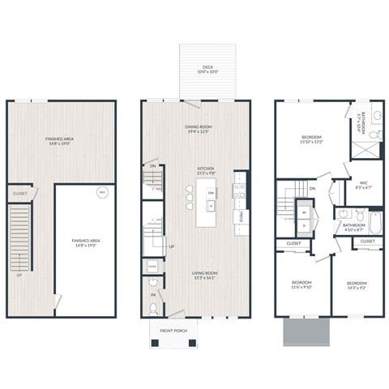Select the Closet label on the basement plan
click(x=19, y=194)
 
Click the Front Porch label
click(x=172, y=331)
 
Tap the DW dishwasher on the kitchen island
click(x=211, y=192)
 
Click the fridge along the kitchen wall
click(x=241, y=217)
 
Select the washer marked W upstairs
click(x=304, y=212)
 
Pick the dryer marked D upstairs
click(x=304, y=224)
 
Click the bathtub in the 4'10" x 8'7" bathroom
click(x=375, y=222)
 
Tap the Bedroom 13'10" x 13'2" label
click(x=313, y=139)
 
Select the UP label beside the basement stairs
click(x=19, y=275)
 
